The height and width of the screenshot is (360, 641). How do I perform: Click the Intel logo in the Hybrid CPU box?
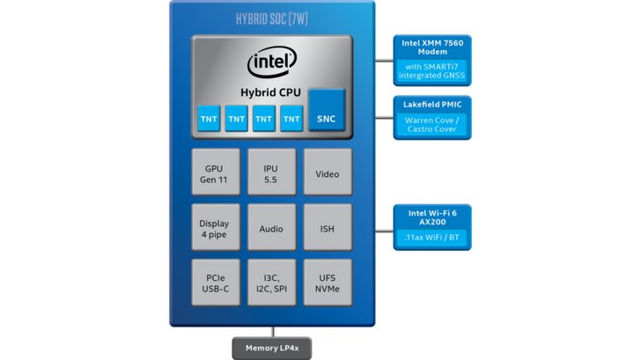pos(272,62)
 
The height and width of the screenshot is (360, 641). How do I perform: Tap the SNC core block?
pos(326,110)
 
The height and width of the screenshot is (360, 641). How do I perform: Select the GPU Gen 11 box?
pos(216,172)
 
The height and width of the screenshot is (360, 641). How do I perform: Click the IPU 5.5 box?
pos(271,172)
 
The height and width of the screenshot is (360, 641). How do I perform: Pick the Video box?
pos(328,172)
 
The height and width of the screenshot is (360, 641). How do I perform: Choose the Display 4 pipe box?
pos(216,227)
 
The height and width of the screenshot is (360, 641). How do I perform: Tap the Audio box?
pos(271,227)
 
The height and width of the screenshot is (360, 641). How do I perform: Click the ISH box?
pos(328,227)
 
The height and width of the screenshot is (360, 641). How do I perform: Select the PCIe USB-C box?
pos(216,283)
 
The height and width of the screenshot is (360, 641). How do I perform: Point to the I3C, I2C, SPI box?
pos(271,283)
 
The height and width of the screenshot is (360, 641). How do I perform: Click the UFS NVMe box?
pos(328,283)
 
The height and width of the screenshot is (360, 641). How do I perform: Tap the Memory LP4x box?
pos(272,349)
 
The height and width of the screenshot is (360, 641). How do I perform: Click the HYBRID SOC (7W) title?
pos(272,18)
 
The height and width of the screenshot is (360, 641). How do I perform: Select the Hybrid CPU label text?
pos(270,92)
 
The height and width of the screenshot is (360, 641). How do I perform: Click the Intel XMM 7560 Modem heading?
pos(432,48)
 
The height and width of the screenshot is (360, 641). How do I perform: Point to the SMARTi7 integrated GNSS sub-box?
pos(432,71)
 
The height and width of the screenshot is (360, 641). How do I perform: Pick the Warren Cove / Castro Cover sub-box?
pos(432,125)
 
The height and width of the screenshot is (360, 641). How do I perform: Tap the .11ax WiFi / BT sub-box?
pos(432,238)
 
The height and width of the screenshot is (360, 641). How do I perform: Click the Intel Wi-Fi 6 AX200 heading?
pos(432,217)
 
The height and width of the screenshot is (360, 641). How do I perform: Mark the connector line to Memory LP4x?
pos(273,332)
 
